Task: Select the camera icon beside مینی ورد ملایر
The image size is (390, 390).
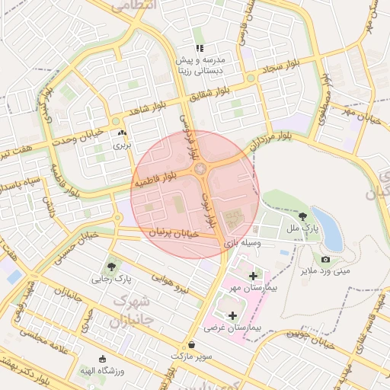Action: click(x=325, y=260)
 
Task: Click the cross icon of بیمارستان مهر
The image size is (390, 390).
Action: click(x=253, y=274)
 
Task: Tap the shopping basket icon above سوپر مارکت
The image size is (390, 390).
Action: click(x=190, y=344)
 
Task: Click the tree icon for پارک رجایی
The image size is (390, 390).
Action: click(x=112, y=267)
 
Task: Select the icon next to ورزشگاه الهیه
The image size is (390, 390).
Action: click(x=103, y=359)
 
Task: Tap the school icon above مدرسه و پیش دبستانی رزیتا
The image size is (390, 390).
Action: click(x=200, y=49)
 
